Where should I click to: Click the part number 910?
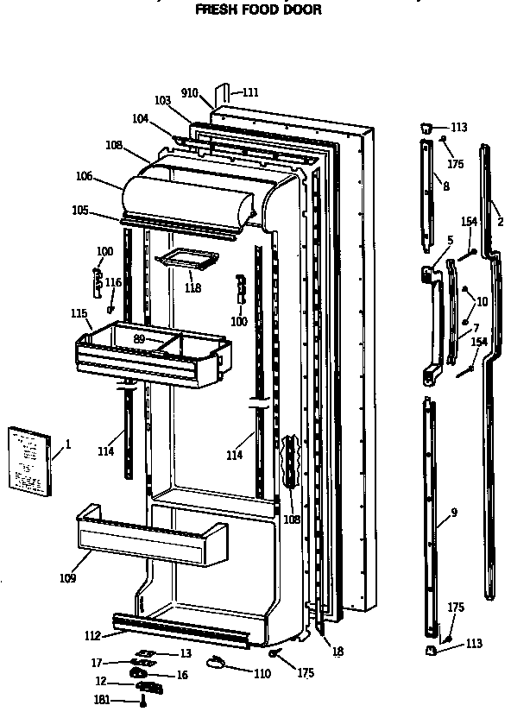190,92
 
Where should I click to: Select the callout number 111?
249,92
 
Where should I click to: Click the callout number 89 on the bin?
139,338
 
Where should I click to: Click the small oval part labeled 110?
217,660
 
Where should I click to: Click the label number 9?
454,512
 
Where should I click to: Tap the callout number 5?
450,240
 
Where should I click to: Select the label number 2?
500,221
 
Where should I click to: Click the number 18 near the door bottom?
338,652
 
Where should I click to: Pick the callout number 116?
113,282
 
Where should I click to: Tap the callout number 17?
97,663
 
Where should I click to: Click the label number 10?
482,301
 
